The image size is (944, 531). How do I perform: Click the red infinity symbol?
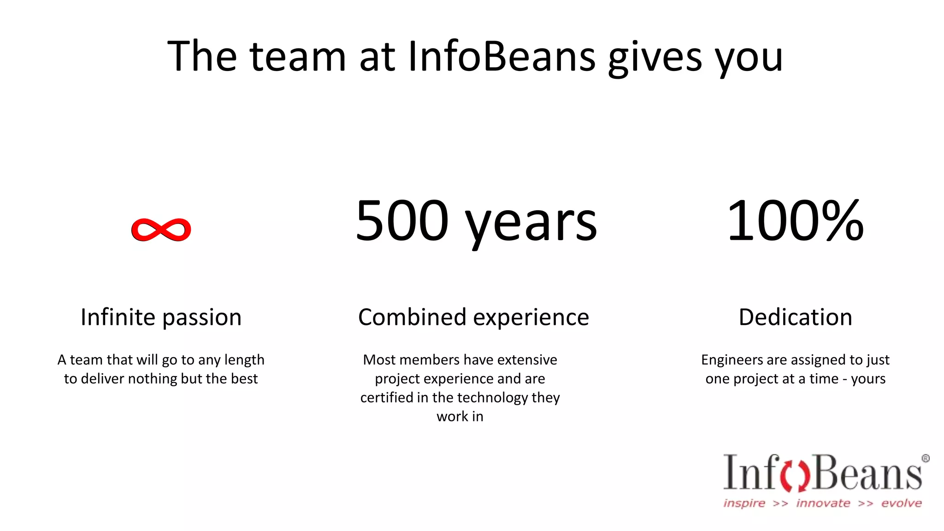pyautogui.click(x=161, y=230)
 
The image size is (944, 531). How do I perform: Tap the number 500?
pyautogui.click(x=402, y=221)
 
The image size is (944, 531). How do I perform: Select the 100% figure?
pyautogui.click(x=795, y=221)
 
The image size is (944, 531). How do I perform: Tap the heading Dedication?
pyautogui.click(x=795, y=317)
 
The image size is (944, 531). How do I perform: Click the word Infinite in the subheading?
pyautogui.click(x=118, y=317)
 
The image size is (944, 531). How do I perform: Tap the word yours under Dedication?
pyautogui.click(x=868, y=379)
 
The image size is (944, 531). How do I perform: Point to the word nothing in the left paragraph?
pyautogui.click(x=152, y=379)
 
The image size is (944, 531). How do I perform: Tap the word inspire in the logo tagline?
pyautogui.click(x=744, y=503)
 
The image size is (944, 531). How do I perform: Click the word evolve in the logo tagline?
pyautogui.click(x=901, y=503)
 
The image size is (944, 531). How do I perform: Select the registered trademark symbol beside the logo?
pyautogui.click(x=925, y=458)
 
